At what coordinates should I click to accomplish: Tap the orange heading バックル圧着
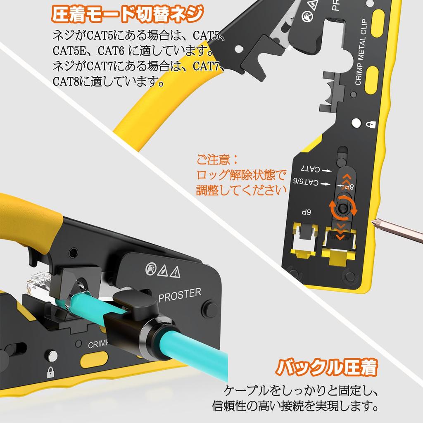327,367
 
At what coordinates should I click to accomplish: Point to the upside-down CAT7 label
310,169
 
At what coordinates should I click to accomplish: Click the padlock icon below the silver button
51,371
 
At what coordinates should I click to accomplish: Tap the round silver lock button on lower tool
52,355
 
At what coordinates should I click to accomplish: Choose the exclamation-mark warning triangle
176,271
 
